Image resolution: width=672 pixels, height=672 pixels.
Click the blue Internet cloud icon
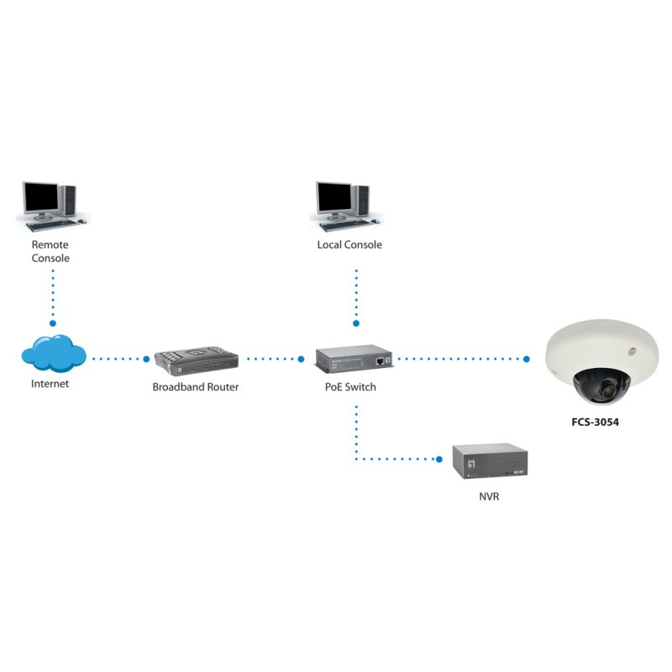pyautogui.click(x=54, y=354)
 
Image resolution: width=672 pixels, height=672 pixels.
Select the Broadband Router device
pyautogui.click(x=196, y=360)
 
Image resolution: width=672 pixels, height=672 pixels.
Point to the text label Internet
pyautogui.click(x=50, y=384)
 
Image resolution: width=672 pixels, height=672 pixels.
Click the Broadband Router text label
pyautogui.click(x=196, y=387)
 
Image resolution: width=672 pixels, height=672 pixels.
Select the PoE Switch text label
pyautogui.click(x=350, y=387)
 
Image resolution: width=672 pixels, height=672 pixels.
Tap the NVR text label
pyautogui.click(x=489, y=496)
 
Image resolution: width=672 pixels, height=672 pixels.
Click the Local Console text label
pyautogui.click(x=349, y=245)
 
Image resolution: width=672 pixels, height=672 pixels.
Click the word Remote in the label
pyautogui.click(x=50, y=245)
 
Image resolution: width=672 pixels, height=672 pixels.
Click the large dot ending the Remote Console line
pyautogui.click(x=52, y=323)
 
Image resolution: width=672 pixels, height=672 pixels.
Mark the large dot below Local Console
pyautogui.click(x=355, y=323)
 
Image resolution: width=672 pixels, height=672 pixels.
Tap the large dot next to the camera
pyautogui.click(x=527, y=359)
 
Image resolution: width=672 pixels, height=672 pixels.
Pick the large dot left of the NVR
pyautogui.click(x=438, y=459)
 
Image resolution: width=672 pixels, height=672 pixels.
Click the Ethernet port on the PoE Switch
pyautogui.click(x=381, y=360)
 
